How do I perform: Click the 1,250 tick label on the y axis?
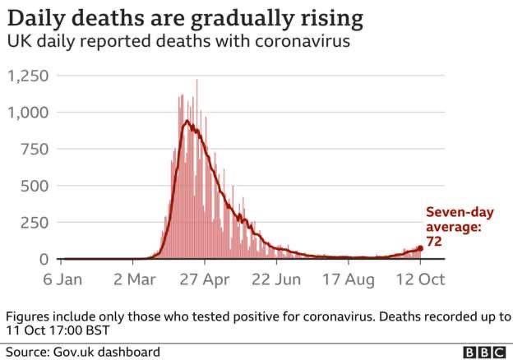click(x=28, y=76)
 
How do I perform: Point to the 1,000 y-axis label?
click(x=28, y=113)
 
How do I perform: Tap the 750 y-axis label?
click(x=35, y=150)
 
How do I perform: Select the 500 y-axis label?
click(x=35, y=186)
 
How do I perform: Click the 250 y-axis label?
click(x=35, y=223)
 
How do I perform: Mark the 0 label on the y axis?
click(x=44, y=259)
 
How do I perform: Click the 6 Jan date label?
click(x=62, y=279)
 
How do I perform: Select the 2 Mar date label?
click(x=135, y=279)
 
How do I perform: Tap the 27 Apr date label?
click(x=205, y=280)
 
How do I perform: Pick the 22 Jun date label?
click(x=276, y=279)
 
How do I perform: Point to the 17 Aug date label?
click(x=349, y=280)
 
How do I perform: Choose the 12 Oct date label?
click(x=420, y=279)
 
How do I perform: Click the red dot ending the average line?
click(x=420, y=248)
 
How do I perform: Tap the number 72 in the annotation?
click(x=434, y=242)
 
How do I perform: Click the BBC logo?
click(x=485, y=353)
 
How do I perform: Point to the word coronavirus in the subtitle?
click(x=303, y=42)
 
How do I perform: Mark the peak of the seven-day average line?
click(x=187, y=121)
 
